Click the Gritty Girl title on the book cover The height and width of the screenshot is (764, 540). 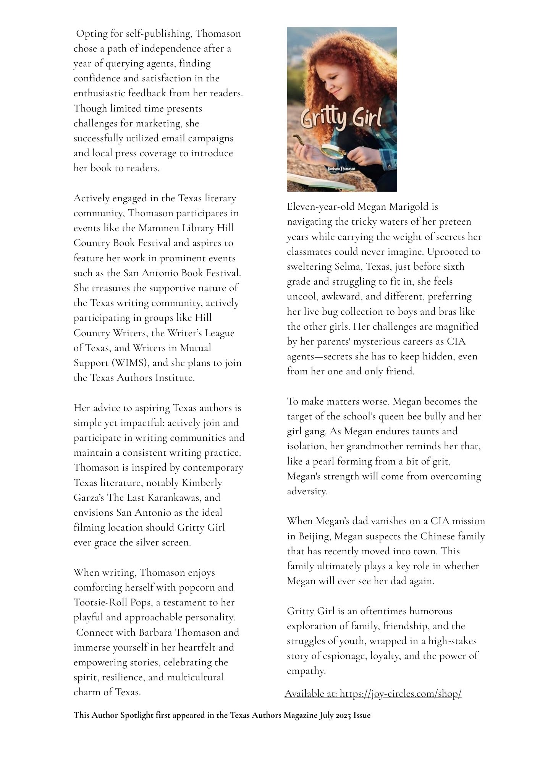(x=341, y=120)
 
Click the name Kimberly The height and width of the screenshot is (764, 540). (x=202, y=483)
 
